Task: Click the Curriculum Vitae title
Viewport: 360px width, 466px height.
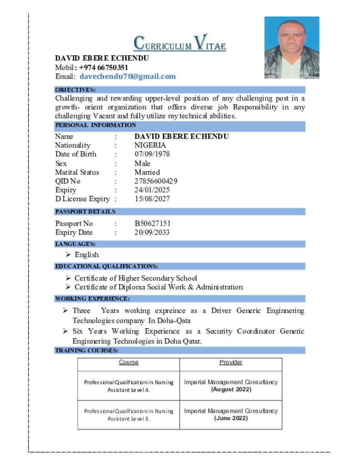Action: tap(180, 44)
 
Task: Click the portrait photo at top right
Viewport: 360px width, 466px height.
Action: tap(292, 48)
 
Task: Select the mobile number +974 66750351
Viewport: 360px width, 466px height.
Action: tap(104, 67)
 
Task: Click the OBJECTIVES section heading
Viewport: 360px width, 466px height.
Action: tap(75, 90)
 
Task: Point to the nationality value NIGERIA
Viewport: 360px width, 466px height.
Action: tap(150, 145)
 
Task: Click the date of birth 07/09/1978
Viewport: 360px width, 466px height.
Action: tap(152, 154)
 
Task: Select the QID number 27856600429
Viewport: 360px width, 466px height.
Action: tap(156, 181)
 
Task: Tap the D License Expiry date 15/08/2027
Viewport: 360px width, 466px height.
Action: tap(152, 199)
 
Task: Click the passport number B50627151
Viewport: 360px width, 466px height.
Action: tap(152, 223)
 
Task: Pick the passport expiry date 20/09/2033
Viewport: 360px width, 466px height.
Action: tap(152, 233)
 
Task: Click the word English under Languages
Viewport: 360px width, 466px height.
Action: tap(86, 255)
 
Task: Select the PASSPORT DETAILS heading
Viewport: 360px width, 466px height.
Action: tap(85, 212)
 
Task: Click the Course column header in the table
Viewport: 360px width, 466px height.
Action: tap(129, 363)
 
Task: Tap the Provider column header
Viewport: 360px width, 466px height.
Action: tap(231, 363)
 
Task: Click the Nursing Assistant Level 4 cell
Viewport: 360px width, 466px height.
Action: tap(129, 386)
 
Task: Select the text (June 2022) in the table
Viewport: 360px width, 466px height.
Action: tap(231, 418)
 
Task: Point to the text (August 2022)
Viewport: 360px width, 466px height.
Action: tap(231, 390)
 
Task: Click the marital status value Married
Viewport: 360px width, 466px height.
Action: tap(147, 172)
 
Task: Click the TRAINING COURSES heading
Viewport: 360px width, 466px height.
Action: tap(87, 350)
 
